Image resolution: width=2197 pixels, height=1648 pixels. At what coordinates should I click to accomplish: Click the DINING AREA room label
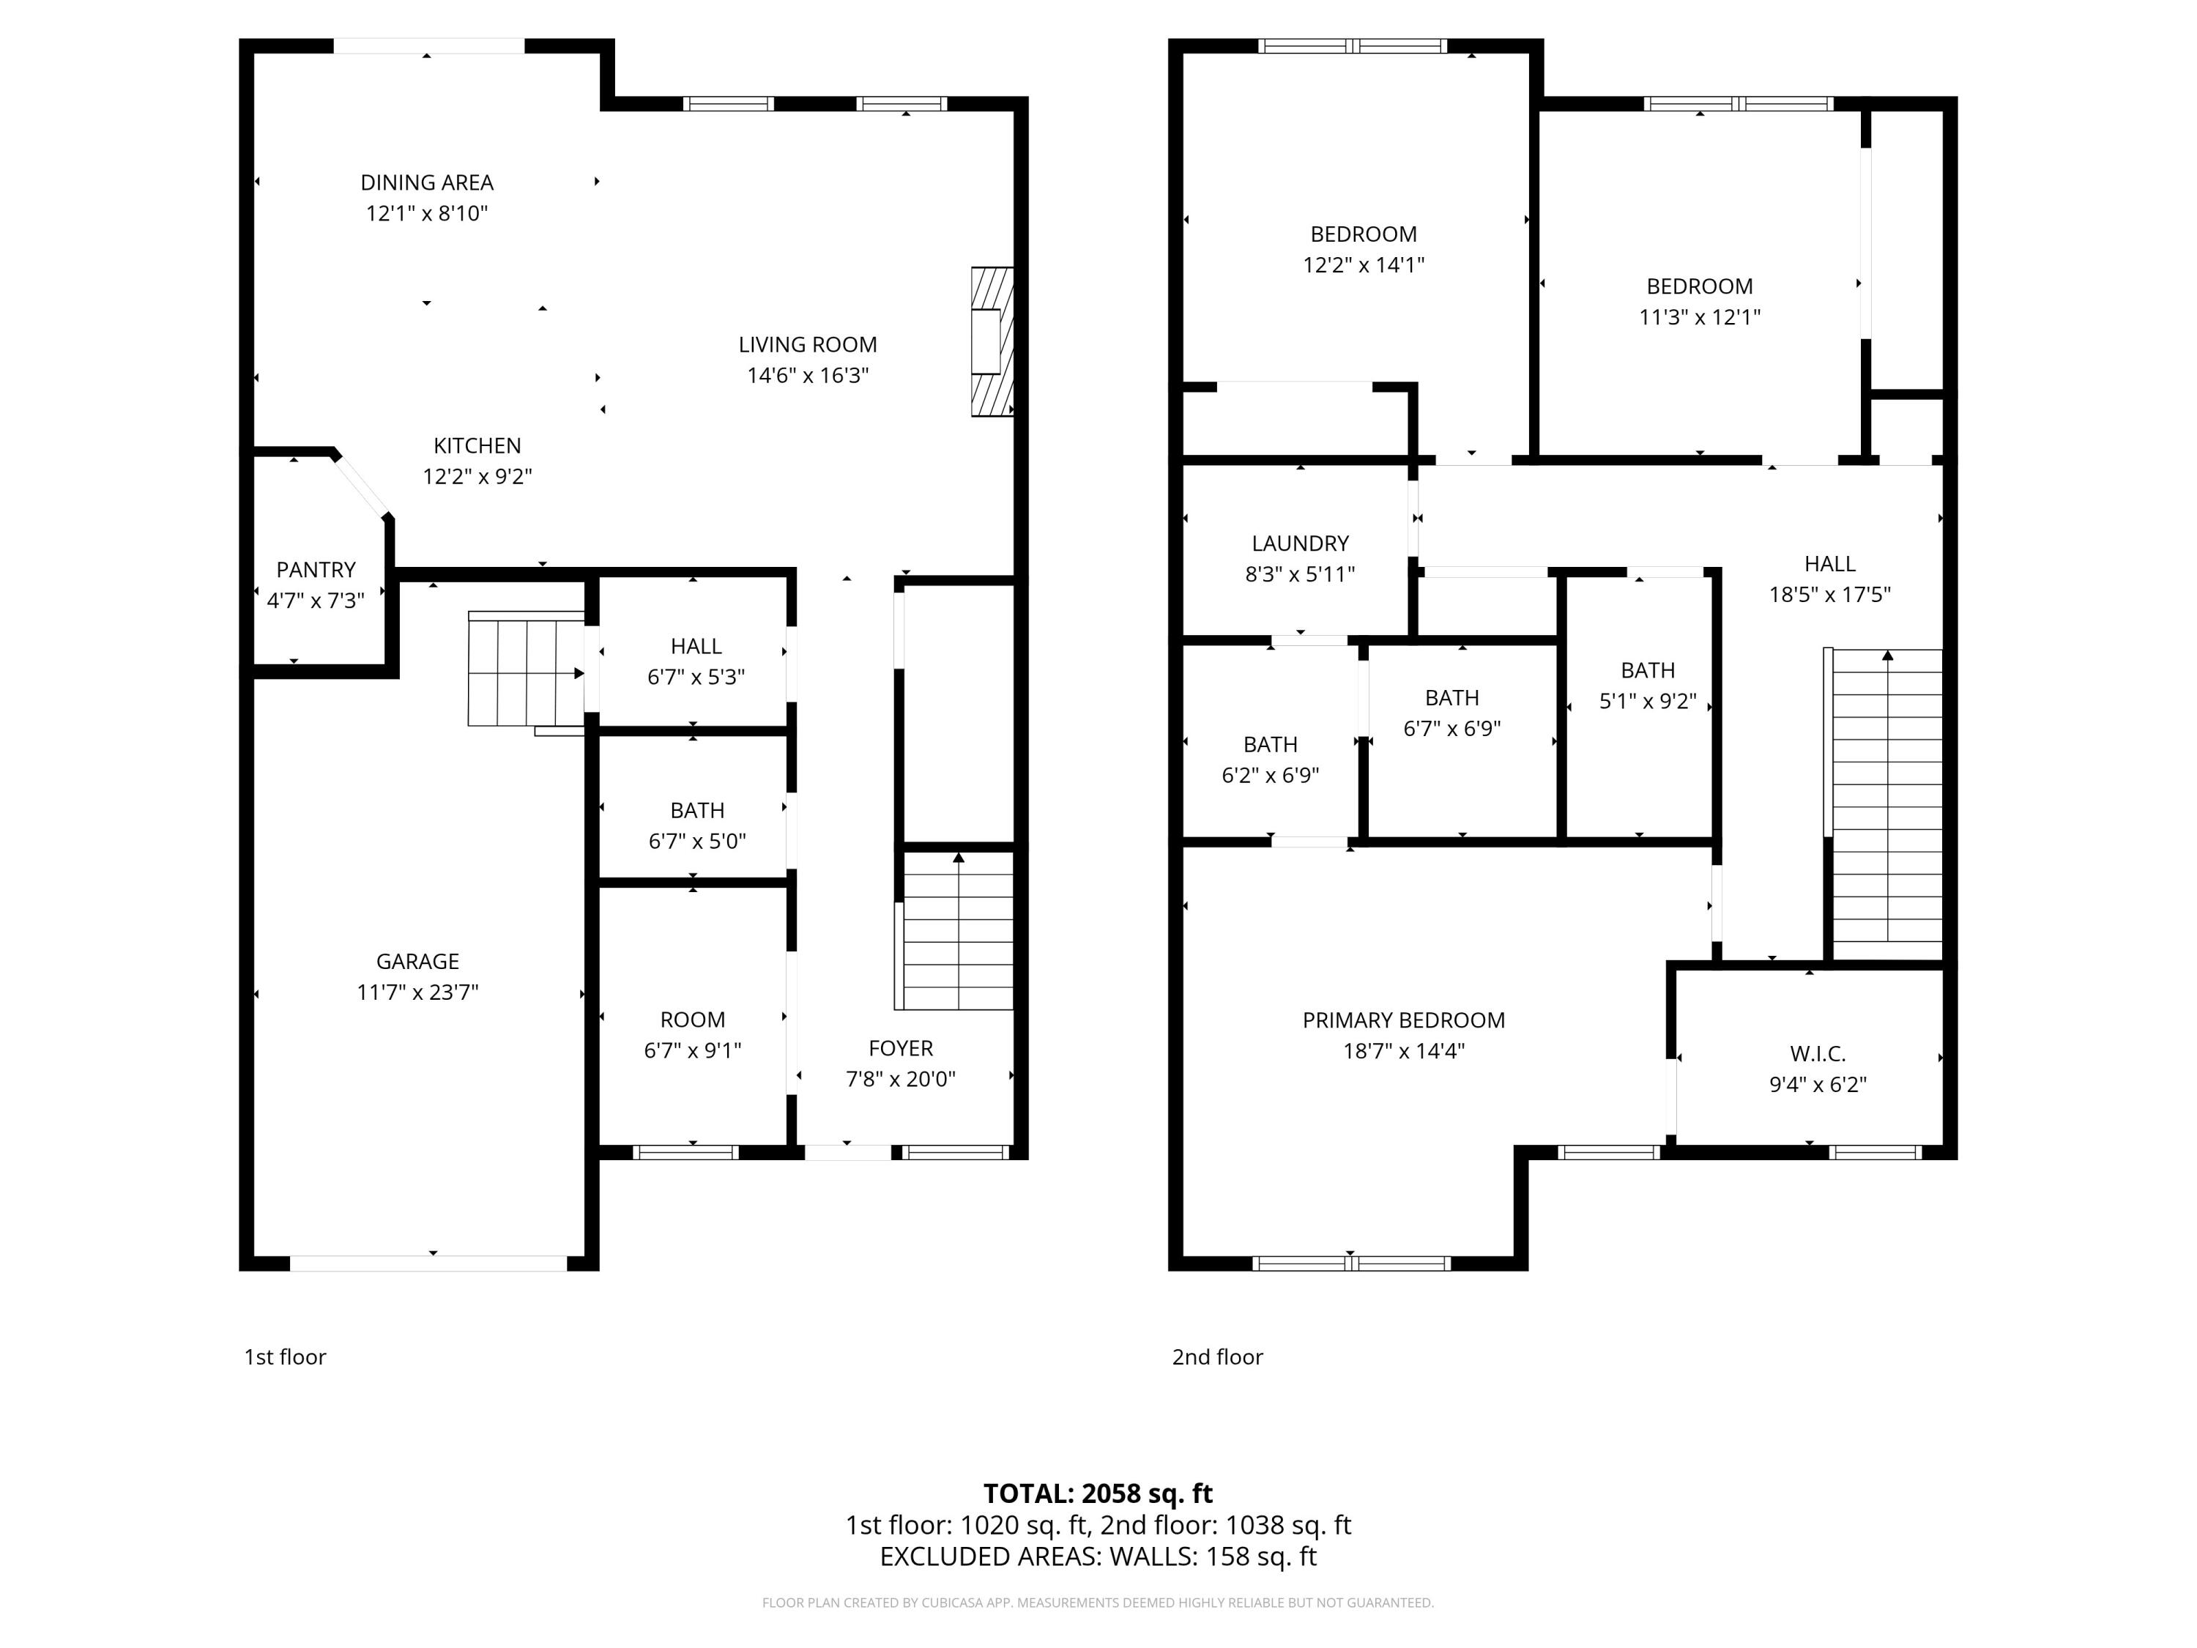click(427, 183)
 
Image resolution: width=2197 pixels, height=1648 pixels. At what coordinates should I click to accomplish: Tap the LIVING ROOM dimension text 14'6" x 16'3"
click(808, 376)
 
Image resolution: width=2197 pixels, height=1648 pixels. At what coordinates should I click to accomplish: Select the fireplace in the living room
click(992, 342)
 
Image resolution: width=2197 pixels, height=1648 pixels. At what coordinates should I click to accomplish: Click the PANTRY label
click(316, 570)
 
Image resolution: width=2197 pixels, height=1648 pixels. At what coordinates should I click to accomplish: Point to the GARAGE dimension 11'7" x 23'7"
click(417, 992)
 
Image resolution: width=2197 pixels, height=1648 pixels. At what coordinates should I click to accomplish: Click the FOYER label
click(901, 1048)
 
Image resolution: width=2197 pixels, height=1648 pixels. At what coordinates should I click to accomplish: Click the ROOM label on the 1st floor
click(692, 1020)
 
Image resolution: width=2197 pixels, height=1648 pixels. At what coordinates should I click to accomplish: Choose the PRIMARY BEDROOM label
click(1403, 1020)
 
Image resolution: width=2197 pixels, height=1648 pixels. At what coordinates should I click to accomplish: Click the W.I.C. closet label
click(1818, 1054)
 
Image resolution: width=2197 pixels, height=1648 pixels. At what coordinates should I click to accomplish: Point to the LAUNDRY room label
click(1300, 543)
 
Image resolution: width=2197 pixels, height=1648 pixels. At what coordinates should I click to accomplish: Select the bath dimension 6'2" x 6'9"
click(1271, 776)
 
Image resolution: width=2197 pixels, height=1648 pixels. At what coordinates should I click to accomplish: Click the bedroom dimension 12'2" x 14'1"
click(1364, 265)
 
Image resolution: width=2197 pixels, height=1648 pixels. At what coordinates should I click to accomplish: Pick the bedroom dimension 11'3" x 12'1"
click(1700, 317)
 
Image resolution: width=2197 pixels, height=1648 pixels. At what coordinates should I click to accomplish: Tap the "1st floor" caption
click(285, 1357)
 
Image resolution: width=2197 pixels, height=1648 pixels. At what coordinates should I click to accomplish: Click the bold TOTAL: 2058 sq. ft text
click(1098, 1494)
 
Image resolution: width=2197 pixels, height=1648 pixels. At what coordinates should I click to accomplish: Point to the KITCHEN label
click(477, 446)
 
